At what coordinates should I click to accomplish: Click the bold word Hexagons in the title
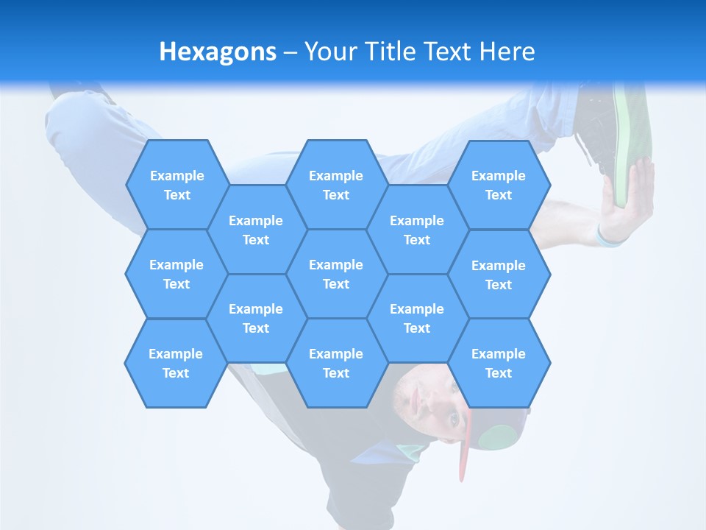pyautogui.click(x=218, y=52)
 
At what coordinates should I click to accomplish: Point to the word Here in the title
pyautogui.click(x=507, y=52)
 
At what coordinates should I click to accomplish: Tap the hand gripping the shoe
pyautogui.click(x=625, y=199)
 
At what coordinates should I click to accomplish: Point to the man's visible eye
pyautogui.click(x=452, y=418)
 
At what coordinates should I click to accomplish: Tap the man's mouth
pyautogui.click(x=416, y=401)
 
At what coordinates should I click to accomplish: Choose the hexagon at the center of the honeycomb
pyautogui.click(x=336, y=274)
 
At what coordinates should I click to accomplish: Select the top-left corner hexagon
pyautogui.click(x=176, y=185)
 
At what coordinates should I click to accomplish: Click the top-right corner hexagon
pyautogui.click(x=499, y=185)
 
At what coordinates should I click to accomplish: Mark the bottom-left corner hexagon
pyautogui.click(x=176, y=363)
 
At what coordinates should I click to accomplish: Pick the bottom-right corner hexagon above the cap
pyautogui.click(x=499, y=363)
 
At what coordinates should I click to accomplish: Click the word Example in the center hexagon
pyautogui.click(x=336, y=264)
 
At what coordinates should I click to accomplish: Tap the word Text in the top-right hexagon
pyautogui.click(x=499, y=195)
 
